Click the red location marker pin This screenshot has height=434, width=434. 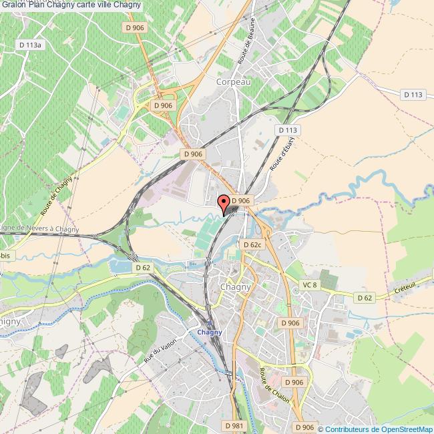(x=224, y=202)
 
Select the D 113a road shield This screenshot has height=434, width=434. (x=31, y=45)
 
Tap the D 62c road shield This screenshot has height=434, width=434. (x=252, y=245)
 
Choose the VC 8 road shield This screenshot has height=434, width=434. (x=308, y=285)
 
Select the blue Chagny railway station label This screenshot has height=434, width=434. (x=209, y=333)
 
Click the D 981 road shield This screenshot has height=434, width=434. (x=234, y=425)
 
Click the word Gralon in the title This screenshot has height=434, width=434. (x=14, y=5)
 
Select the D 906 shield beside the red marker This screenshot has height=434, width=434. (x=242, y=200)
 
